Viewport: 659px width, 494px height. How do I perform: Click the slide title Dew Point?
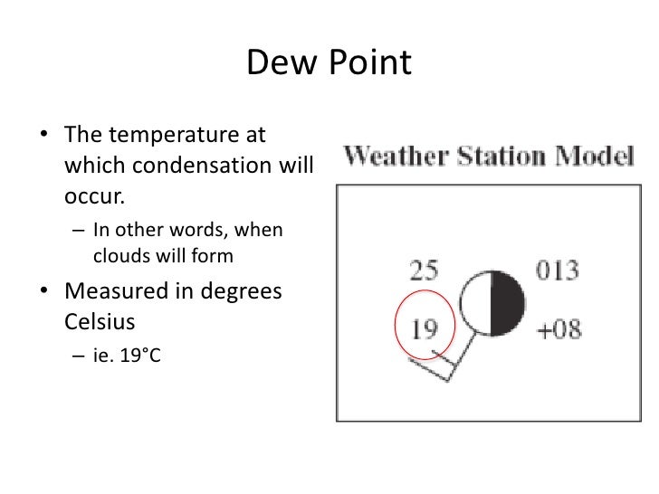329,64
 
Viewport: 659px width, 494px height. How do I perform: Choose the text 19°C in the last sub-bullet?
137,356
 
